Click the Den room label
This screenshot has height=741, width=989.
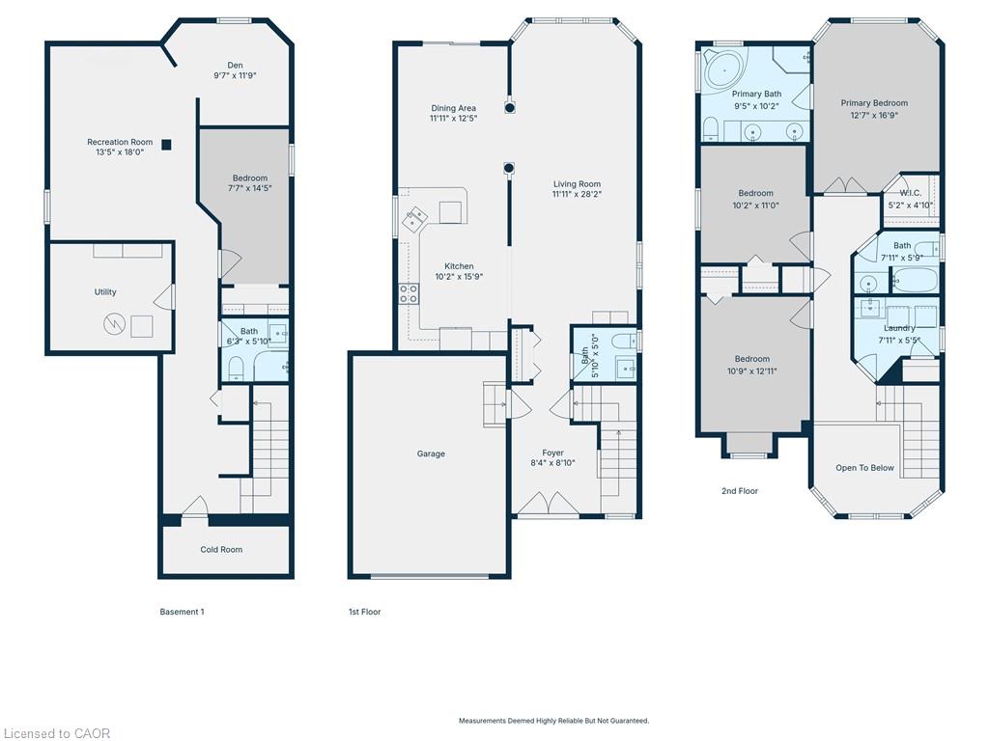[x=236, y=65]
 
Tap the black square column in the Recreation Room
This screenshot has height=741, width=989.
[x=166, y=145]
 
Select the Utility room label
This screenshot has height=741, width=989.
[x=105, y=291]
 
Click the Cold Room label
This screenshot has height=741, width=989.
[x=221, y=549]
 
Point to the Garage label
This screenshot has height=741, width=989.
[x=431, y=453]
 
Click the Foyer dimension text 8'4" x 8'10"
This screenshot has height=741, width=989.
[x=552, y=463]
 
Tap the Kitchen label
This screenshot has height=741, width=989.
[x=459, y=266]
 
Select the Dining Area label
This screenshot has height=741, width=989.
[x=454, y=108]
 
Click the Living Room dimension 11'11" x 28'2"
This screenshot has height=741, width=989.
[x=577, y=194]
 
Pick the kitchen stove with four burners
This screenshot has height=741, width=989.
[x=409, y=294]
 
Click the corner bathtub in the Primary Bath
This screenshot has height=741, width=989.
[x=722, y=69]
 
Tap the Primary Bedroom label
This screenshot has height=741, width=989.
[x=874, y=102]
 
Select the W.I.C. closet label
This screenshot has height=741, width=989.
[x=910, y=193]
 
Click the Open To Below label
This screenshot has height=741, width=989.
[x=864, y=468]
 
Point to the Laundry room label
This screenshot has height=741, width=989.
[x=899, y=328]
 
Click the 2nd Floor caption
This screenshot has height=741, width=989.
[x=740, y=491]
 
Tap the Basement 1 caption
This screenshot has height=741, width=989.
[x=182, y=612]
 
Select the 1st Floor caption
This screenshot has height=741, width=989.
[x=364, y=612]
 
